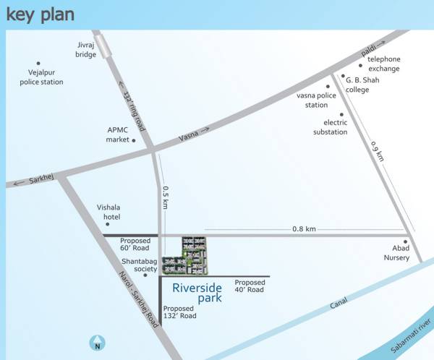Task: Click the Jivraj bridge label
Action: click(85, 49)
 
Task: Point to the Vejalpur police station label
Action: click(41, 78)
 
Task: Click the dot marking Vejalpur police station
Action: click(39, 63)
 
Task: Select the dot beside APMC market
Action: click(134, 140)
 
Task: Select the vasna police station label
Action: click(316, 100)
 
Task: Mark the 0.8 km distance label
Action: click(304, 228)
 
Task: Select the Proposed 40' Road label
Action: click(250, 286)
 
